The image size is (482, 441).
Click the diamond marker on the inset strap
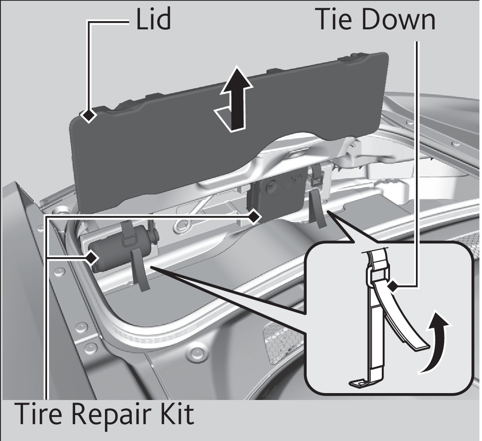coord(392,286)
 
